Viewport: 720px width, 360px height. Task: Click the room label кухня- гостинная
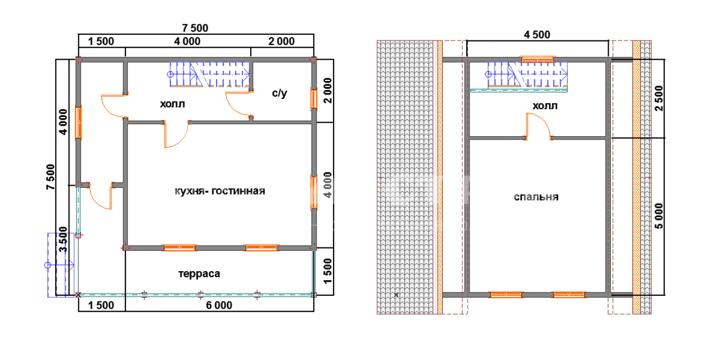point(220,191)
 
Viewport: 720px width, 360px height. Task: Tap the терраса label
point(199,274)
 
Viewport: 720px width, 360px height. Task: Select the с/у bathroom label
point(280,93)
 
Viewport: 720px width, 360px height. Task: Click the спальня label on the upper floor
point(536,197)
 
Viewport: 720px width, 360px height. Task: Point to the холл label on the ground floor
point(173,104)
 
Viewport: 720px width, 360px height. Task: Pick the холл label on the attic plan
point(545,106)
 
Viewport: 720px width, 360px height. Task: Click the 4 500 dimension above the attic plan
point(537,35)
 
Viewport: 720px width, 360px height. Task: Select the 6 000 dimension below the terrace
point(219,305)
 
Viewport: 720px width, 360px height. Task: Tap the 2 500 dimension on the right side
point(659,98)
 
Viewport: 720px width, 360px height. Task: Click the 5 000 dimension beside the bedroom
point(659,216)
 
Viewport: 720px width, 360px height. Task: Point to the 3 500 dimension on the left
point(64,240)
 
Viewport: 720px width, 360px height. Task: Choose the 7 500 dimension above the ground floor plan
point(195,28)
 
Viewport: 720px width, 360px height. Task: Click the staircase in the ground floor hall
point(210,75)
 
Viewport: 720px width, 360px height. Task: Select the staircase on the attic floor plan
point(527,75)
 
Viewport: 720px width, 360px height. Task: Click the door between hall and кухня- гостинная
point(176,134)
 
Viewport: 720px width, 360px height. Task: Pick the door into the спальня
point(538,126)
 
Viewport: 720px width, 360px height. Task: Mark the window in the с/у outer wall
point(313,99)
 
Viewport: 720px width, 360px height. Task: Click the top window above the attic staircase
point(537,60)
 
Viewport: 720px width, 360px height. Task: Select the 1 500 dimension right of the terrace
point(327,272)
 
